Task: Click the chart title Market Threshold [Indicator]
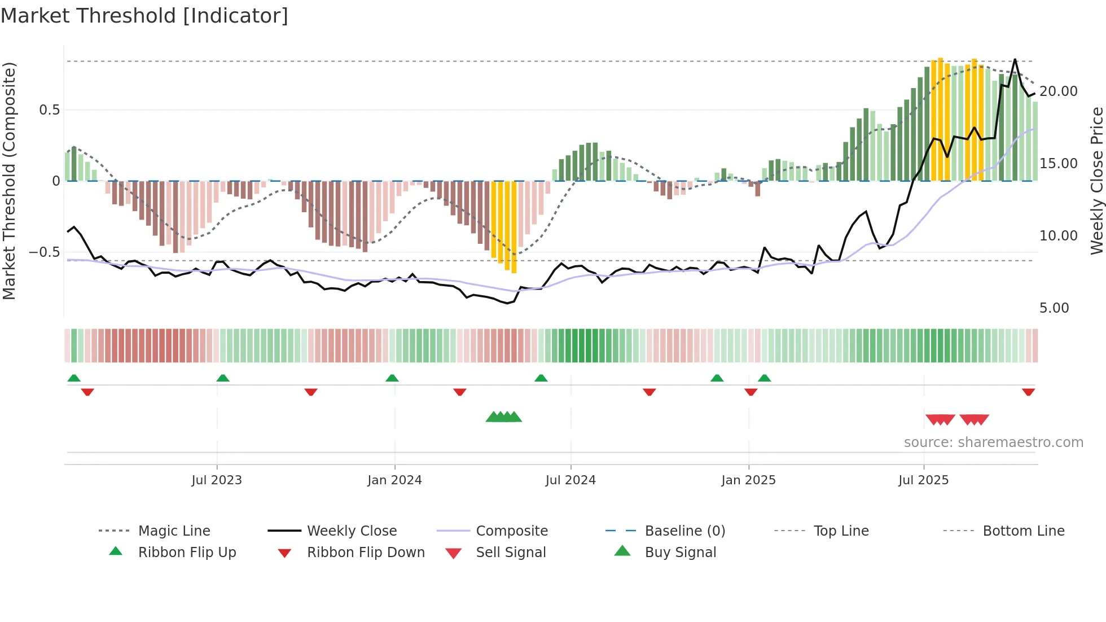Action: [144, 16]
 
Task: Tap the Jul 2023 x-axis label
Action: [217, 480]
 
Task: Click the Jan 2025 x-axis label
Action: [748, 480]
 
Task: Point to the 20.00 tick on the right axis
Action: [1058, 91]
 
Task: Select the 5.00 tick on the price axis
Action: [1054, 308]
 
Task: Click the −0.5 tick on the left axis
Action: [45, 252]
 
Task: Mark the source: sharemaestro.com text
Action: [993, 443]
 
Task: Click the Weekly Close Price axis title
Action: [1096, 181]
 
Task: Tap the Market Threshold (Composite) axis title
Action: [9, 181]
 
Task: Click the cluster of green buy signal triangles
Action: [504, 417]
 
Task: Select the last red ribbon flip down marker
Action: [1028, 392]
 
